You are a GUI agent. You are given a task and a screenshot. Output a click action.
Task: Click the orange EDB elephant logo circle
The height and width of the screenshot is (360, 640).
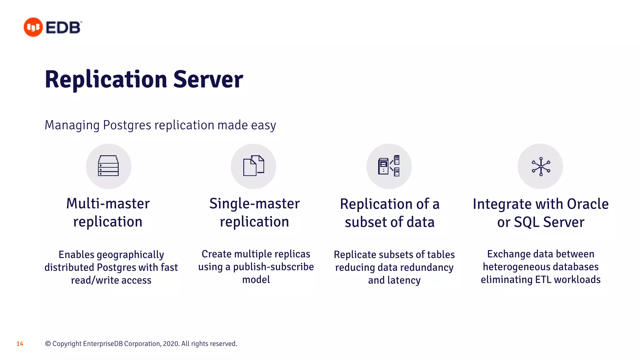pos(33,27)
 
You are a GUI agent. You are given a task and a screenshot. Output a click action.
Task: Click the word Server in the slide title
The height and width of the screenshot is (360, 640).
pos(208,79)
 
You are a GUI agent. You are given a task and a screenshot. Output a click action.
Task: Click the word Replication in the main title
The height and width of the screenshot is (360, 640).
pos(106,79)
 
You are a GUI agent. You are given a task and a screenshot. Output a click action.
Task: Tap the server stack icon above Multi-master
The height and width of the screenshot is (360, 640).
pos(108,166)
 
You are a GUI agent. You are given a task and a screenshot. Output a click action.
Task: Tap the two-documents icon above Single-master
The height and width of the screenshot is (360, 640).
pos(253,166)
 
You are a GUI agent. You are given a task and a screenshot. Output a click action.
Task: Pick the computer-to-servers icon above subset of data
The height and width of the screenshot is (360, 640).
pos(389,166)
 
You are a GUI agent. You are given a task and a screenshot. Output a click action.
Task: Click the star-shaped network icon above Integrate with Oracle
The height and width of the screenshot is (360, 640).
pos(541,166)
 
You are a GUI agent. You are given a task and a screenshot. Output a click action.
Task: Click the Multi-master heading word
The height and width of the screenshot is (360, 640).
pos(108,204)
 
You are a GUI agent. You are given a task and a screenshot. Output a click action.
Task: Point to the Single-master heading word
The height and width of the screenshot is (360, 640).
pos(254,204)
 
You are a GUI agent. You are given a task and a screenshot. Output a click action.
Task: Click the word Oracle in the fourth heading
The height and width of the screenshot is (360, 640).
pos(587,204)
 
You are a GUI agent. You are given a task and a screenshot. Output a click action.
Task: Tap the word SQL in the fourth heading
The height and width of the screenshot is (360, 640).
pos(527,222)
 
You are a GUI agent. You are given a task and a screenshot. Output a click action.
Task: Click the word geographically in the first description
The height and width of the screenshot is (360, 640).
pos(130,255)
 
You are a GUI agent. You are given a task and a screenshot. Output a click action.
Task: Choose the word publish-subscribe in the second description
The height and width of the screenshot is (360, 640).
pos(273,267)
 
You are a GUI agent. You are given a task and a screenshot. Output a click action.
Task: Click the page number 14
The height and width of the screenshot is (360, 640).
pos(20,344)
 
